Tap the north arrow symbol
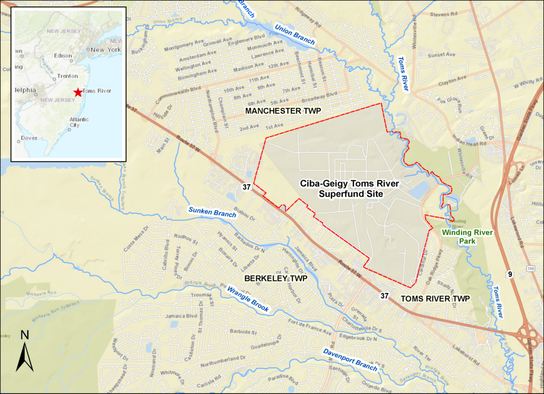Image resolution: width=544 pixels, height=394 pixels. [24, 351]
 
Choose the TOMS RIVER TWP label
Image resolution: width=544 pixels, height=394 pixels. [435, 298]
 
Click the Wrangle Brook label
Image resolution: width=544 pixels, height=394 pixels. [248, 299]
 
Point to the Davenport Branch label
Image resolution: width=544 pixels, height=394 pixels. [350, 359]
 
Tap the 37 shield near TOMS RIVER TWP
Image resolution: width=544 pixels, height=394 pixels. [385, 295]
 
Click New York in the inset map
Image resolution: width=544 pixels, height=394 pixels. [106, 49]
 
